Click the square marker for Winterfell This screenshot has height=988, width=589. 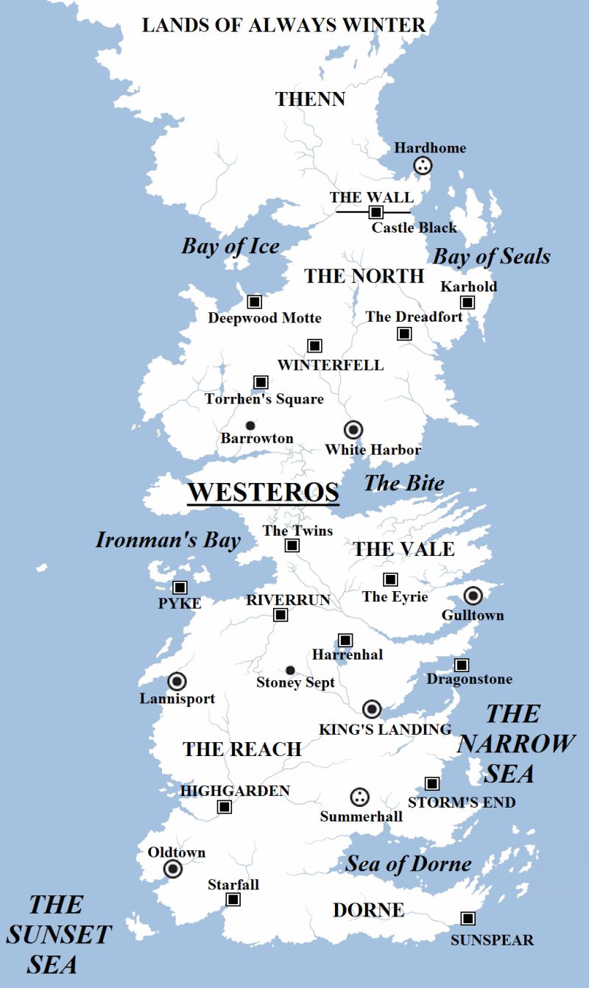(314, 345)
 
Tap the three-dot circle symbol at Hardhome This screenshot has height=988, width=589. (422, 166)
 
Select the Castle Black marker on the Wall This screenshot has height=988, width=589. (375, 212)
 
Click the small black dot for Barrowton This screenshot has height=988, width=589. (250, 426)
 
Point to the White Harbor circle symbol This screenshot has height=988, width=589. (353, 429)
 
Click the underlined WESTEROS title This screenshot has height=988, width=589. (263, 492)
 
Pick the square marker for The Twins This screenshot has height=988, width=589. (292, 546)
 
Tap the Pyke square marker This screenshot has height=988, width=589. (179, 587)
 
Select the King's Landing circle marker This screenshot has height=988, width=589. (372, 709)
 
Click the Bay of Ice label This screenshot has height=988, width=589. (230, 246)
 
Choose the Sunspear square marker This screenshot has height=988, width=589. (467, 918)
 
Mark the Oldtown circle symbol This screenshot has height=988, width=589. (173, 869)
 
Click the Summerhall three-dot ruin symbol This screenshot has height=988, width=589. (359, 797)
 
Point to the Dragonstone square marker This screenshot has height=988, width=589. (461, 665)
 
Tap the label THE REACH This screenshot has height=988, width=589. (242, 749)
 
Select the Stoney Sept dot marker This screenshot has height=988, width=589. (290, 670)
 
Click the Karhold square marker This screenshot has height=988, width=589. (467, 303)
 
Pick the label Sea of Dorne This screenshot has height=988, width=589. (408, 864)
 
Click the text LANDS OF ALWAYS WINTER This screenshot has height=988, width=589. (283, 25)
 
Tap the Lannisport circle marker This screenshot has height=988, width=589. (177, 682)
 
